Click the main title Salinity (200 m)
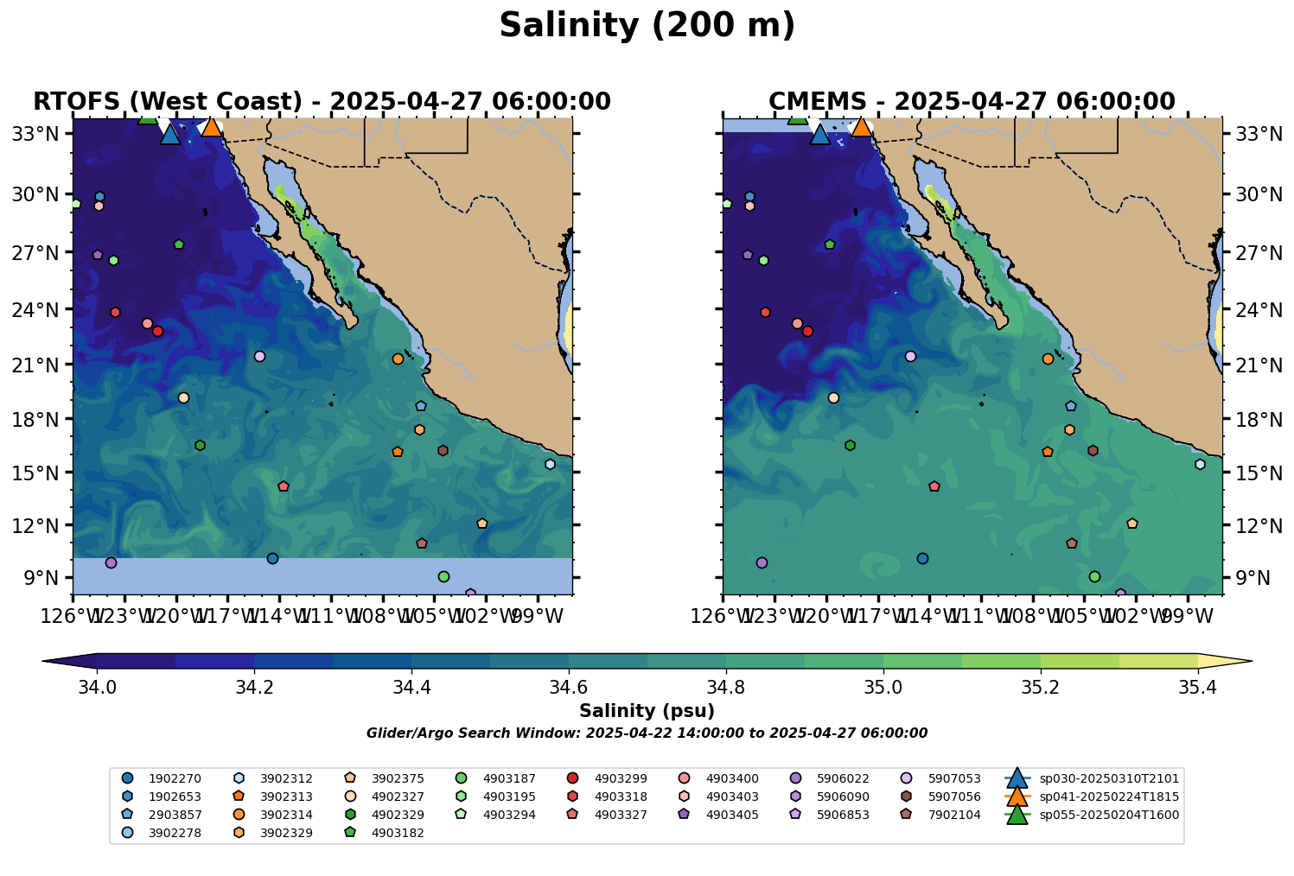click(647, 26)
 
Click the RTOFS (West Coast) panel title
click(322, 102)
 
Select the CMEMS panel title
click(972, 102)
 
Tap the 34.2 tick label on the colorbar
click(254, 688)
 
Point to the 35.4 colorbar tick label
click(1197, 688)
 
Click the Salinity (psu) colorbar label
click(647, 711)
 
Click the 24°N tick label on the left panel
click(41, 309)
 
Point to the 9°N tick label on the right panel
click(1246, 578)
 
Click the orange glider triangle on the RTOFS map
click(212, 127)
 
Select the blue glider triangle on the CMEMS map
click(820, 134)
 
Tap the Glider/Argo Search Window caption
click(647, 733)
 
